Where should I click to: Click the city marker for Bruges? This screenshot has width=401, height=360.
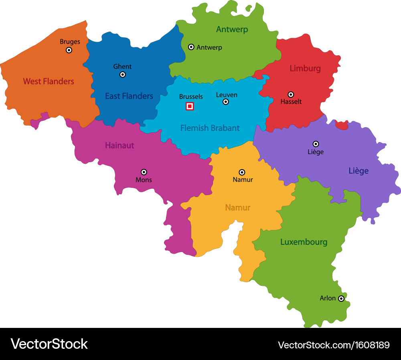click(69, 50)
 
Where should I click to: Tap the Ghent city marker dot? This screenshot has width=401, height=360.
click(123, 75)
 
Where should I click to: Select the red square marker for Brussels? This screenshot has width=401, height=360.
click(190, 106)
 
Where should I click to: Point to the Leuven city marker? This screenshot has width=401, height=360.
click(226, 102)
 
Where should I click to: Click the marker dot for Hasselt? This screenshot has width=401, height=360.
click(291, 94)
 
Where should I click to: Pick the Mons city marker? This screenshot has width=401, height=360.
click(144, 172)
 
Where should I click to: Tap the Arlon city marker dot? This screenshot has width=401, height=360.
click(341, 299)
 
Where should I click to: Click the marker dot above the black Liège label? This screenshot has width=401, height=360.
click(316, 144)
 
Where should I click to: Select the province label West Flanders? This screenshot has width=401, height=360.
click(49, 81)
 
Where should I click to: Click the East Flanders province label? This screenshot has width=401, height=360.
click(129, 96)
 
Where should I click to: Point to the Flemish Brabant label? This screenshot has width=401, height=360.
click(210, 128)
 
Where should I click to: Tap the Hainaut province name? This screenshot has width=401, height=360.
click(119, 145)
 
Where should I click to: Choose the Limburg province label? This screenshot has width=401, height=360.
click(305, 69)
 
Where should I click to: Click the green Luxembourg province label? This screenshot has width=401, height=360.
click(304, 242)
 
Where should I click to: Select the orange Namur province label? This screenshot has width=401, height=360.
click(237, 207)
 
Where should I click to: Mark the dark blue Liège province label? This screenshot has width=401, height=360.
click(358, 171)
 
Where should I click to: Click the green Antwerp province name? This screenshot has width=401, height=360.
click(232, 29)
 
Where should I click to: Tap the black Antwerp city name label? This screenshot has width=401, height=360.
click(209, 47)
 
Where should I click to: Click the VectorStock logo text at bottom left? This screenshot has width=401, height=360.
click(49, 344)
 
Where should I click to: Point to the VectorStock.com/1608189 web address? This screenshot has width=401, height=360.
click(334, 345)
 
